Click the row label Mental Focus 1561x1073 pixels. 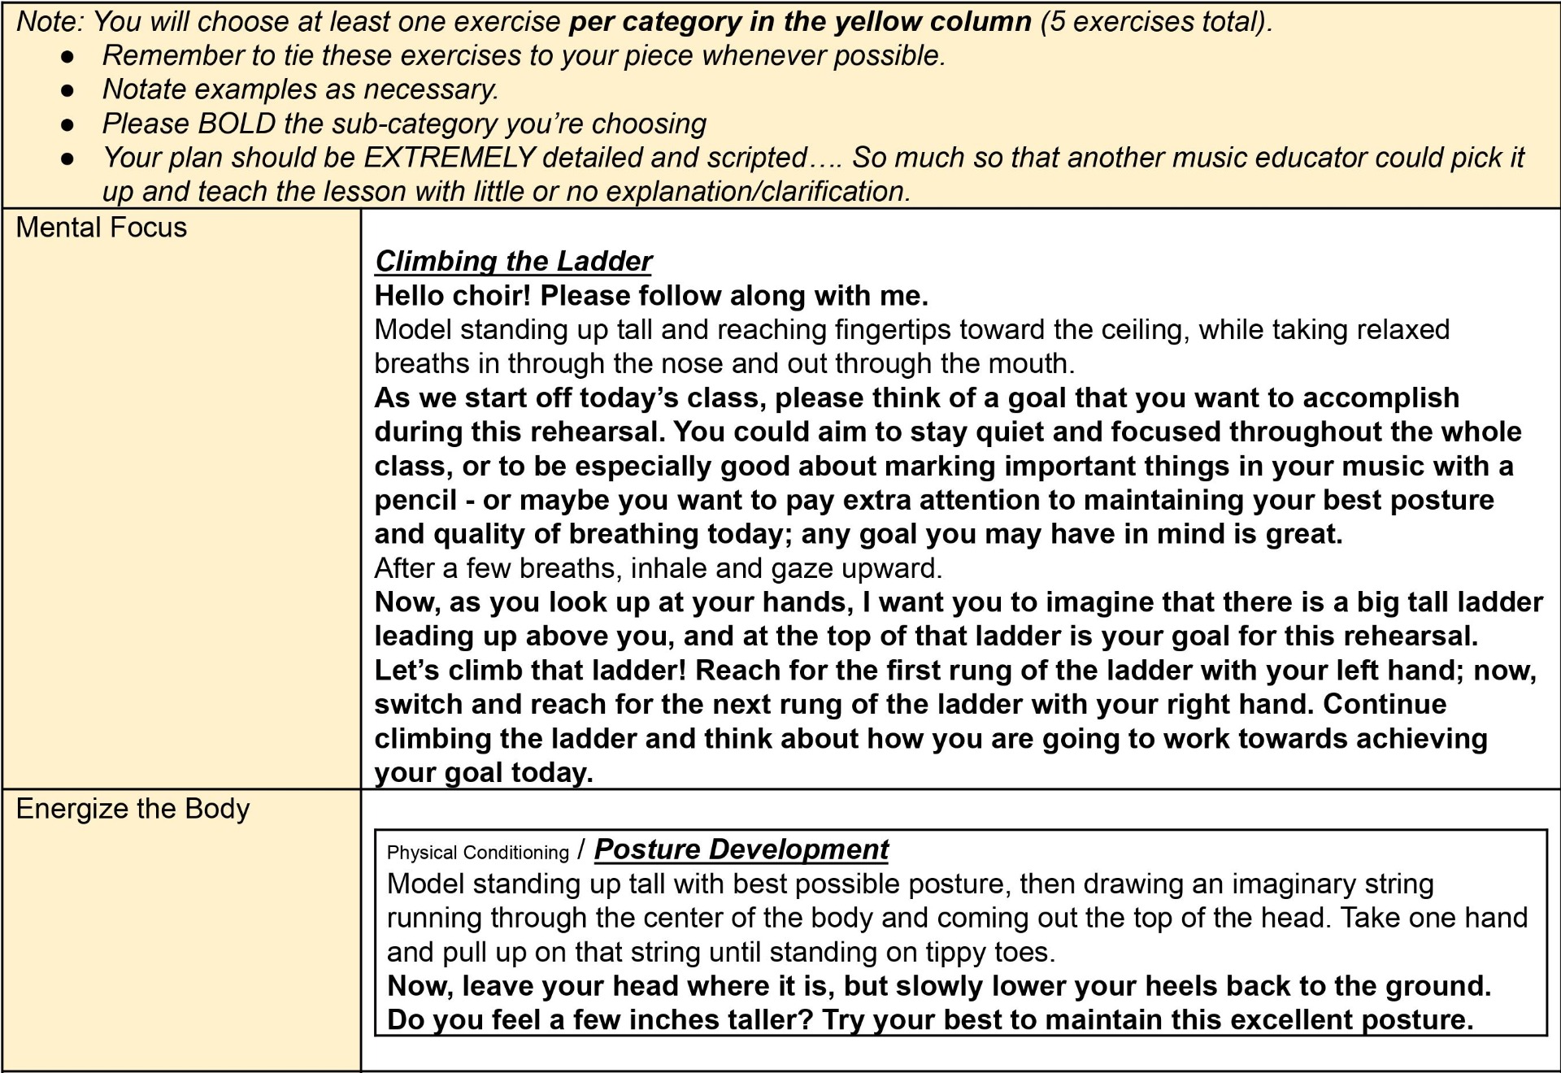pyautogui.click(x=101, y=228)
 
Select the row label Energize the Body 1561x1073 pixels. pyautogui.click(x=133, y=809)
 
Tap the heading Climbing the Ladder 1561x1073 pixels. pyautogui.click(x=513, y=261)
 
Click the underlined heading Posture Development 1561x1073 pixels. pyautogui.click(x=741, y=849)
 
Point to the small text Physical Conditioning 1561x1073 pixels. pyautogui.click(x=477, y=853)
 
